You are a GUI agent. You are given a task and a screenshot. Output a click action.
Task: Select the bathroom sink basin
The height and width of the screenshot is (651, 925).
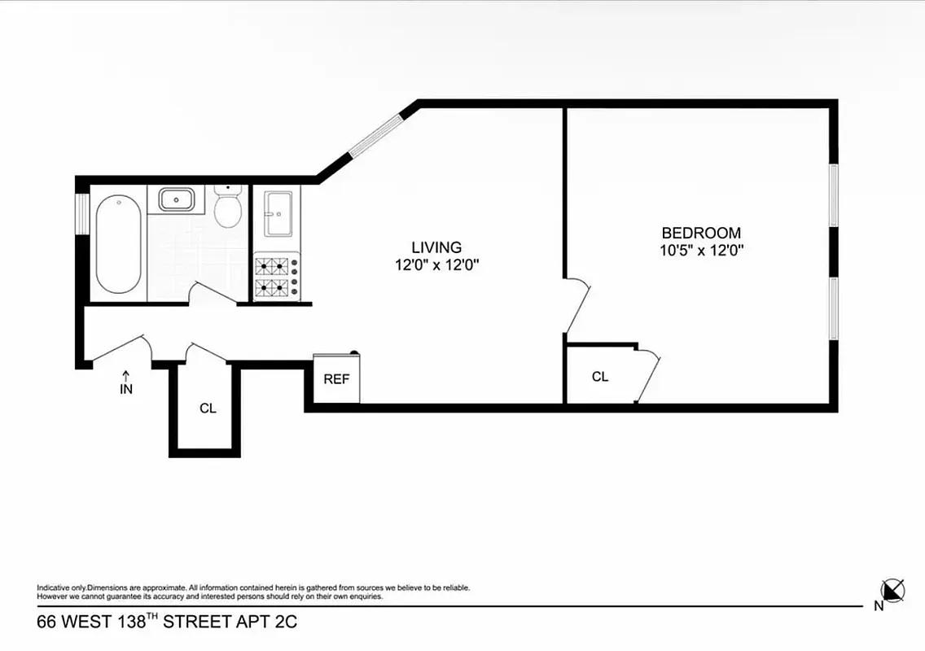coord(176,199)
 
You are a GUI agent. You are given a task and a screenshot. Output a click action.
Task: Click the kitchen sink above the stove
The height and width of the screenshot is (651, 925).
coord(277,214)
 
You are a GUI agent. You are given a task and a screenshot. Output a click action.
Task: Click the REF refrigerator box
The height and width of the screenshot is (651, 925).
coord(337,379)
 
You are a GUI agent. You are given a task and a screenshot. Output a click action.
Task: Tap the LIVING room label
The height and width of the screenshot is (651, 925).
coord(436,247)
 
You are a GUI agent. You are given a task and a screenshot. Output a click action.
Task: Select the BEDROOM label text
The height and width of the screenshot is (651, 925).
coord(701,234)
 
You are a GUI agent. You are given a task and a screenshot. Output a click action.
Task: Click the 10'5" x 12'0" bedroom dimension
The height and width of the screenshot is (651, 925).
coord(702,251)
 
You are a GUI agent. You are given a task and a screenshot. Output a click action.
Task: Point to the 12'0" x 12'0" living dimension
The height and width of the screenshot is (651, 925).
coord(436,264)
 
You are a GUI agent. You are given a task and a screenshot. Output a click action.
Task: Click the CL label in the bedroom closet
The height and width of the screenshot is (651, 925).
coord(600,377)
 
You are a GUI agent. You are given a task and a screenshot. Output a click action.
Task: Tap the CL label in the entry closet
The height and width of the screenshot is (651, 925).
coord(208,409)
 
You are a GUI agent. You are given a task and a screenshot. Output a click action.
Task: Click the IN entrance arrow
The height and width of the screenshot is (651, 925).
coord(126,382)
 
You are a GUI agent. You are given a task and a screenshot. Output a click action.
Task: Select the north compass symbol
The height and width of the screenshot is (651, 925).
coord(892,590)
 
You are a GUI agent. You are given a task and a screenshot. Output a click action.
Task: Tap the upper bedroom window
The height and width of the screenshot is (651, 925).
coord(833,195)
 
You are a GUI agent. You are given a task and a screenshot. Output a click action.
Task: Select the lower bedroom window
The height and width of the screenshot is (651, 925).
coord(833,308)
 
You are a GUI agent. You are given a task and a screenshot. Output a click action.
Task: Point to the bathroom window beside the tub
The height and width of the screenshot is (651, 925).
coord(81,214)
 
